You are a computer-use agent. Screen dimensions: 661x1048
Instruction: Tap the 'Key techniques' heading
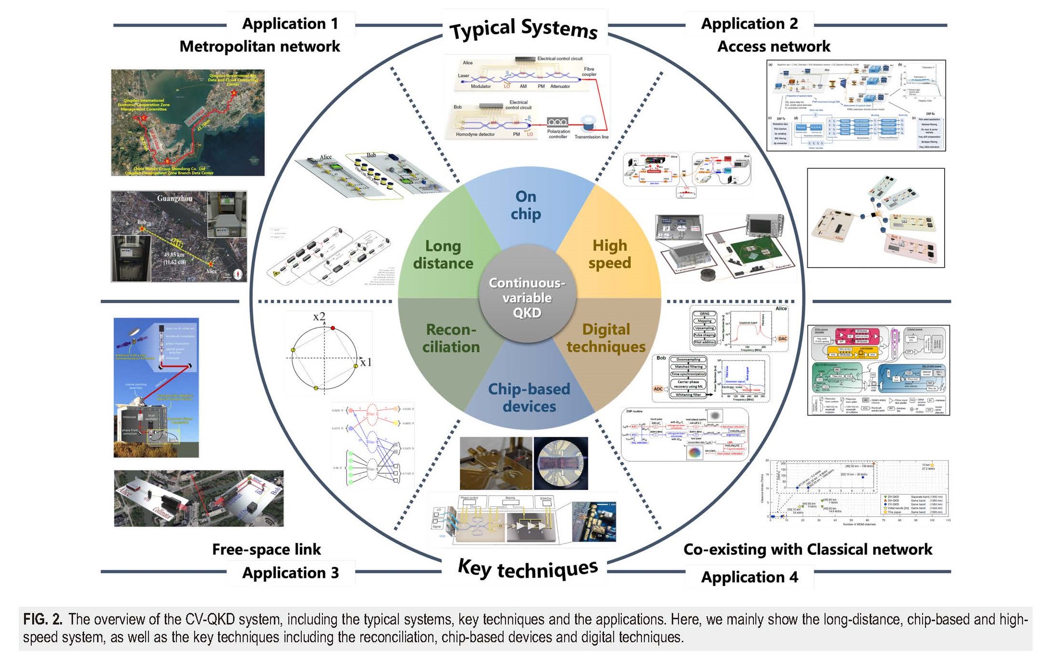[x=528, y=569]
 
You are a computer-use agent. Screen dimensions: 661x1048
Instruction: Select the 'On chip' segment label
[x=526, y=205]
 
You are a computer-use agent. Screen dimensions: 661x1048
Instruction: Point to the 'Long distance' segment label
[x=443, y=255]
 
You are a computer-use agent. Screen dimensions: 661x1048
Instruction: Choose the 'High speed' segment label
[x=610, y=254]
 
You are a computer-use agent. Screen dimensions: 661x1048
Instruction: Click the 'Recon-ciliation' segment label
[x=451, y=338]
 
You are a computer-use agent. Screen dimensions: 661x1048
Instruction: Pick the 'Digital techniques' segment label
[x=606, y=338]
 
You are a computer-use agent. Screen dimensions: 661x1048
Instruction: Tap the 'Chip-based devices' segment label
[x=529, y=398]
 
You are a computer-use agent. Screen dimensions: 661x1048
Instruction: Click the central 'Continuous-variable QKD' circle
[x=527, y=297]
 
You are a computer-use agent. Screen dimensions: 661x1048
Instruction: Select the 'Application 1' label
[x=290, y=24]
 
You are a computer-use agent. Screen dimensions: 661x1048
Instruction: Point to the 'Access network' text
[x=774, y=47]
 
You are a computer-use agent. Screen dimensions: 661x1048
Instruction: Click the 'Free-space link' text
[x=266, y=550]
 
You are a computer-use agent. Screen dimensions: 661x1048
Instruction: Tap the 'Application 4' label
[x=749, y=577]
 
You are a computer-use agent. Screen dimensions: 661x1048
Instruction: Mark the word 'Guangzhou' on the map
[x=174, y=198]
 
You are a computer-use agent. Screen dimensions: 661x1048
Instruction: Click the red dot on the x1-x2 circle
[x=333, y=328]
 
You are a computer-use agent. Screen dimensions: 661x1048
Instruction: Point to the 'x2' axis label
[x=319, y=317]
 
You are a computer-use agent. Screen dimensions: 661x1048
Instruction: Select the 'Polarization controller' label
[x=558, y=134]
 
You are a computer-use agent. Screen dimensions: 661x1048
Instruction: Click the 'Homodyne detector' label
[x=475, y=135]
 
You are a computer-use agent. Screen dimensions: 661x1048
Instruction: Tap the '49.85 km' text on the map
[x=174, y=255]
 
